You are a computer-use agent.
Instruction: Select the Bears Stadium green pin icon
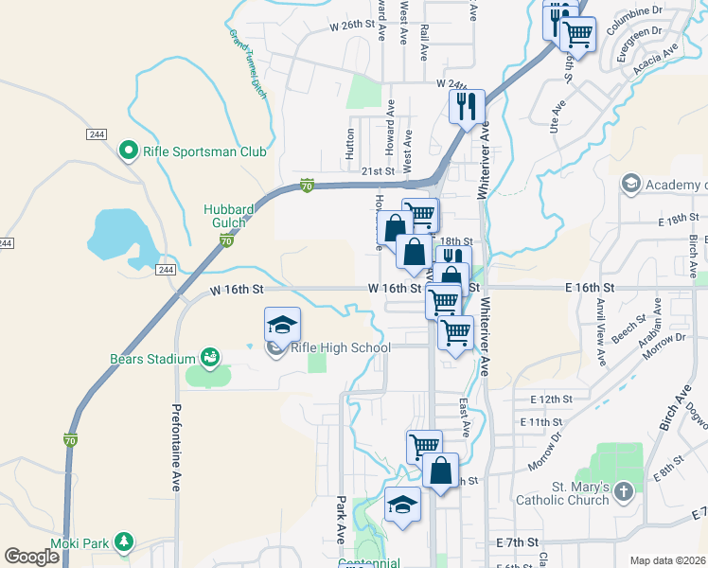click(208, 358)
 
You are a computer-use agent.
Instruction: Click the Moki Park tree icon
click(123, 541)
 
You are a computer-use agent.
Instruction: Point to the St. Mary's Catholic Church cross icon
click(623, 490)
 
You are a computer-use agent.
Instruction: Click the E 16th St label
click(589, 287)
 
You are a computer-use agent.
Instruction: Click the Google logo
click(32, 557)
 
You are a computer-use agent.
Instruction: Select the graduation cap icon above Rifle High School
click(282, 324)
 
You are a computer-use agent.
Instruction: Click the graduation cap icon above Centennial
click(402, 503)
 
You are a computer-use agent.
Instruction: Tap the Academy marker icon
click(630, 182)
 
